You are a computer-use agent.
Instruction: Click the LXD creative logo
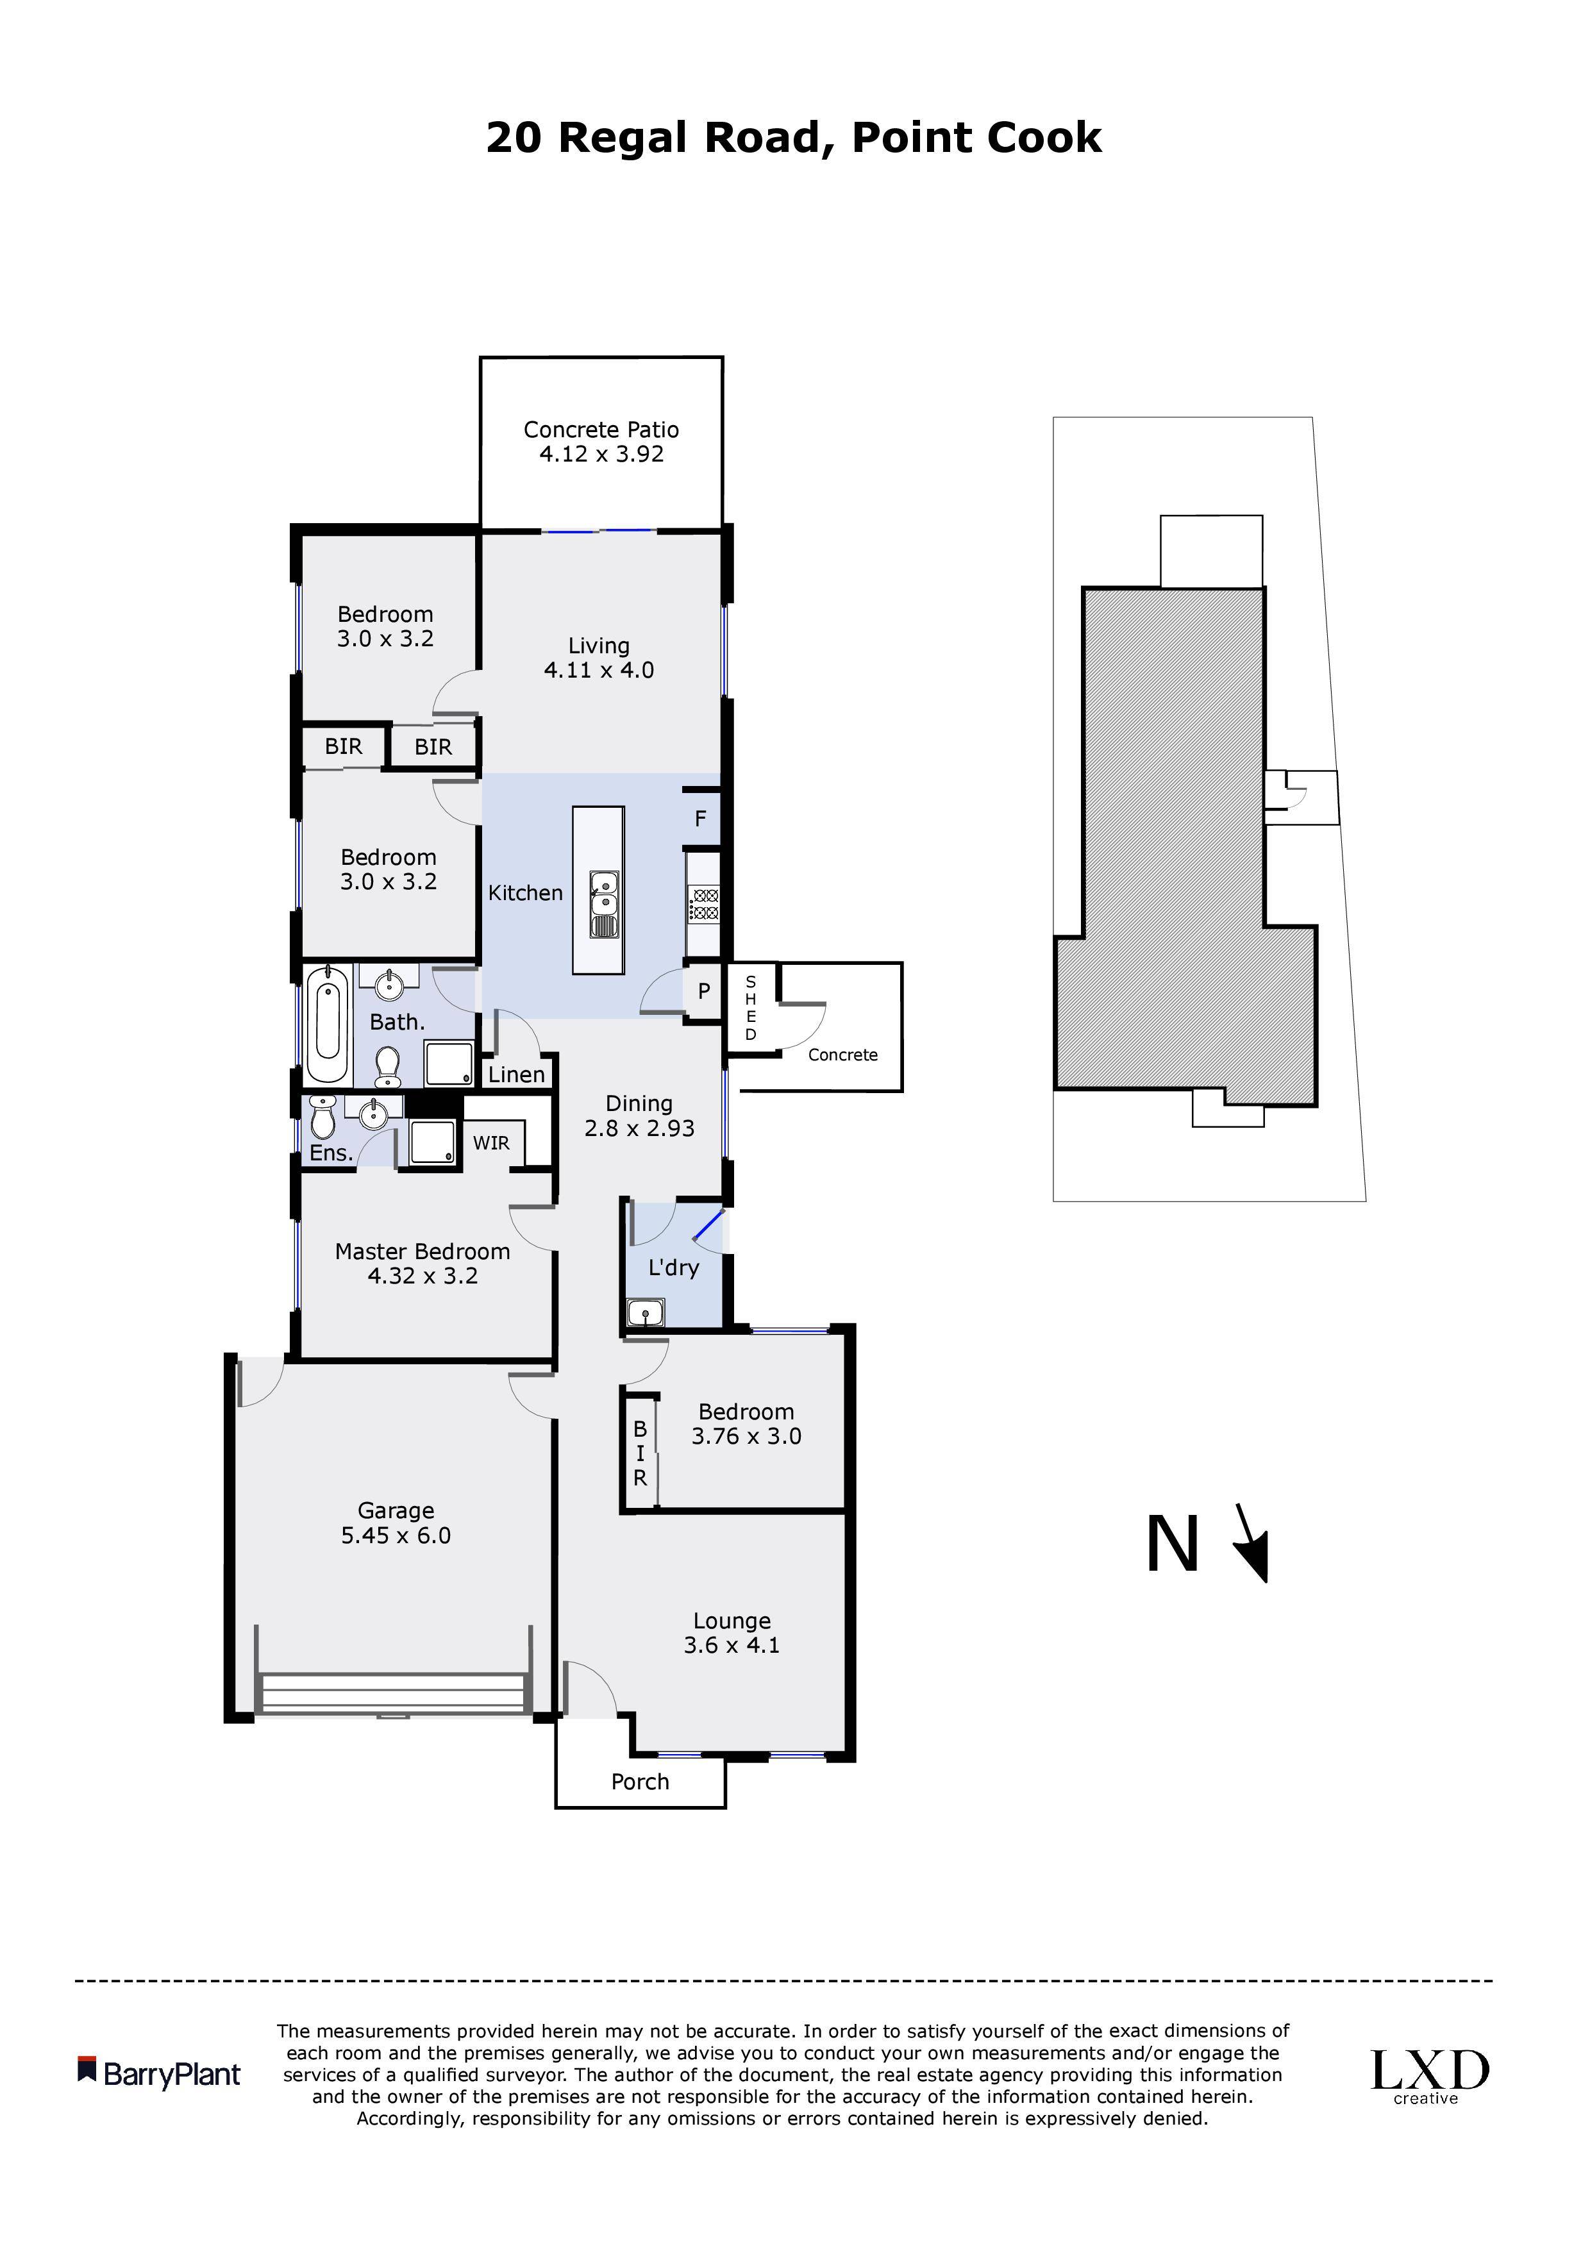point(1429,2077)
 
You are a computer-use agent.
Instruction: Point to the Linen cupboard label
point(516,1074)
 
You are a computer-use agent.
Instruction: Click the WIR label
point(491,1142)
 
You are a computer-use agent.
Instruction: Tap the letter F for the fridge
point(701,818)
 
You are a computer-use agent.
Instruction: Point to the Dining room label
point(639,1104)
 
